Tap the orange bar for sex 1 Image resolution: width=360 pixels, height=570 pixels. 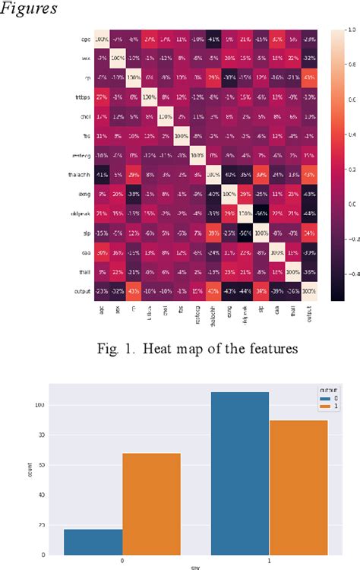pyautogui.click(x=298, y=489)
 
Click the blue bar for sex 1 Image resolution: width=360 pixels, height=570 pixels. pyautogui.click(x=240, y=475)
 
